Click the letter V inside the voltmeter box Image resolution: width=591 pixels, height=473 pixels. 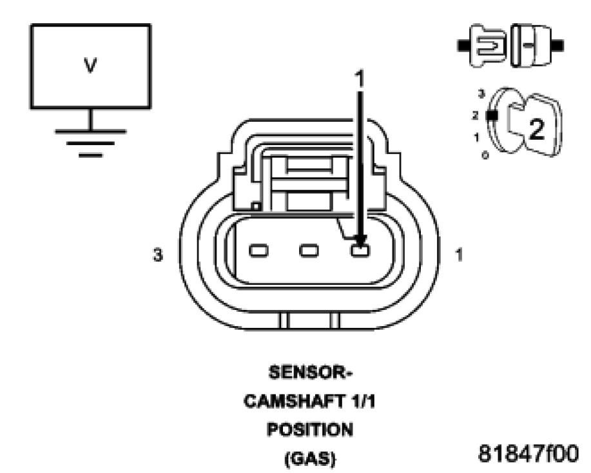click(90, 67)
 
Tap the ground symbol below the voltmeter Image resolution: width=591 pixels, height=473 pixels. click(90, 139)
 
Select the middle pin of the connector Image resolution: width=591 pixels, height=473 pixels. click(309, 250)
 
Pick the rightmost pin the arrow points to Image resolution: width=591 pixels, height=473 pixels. click(360, 250)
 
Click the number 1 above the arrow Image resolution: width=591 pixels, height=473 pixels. click(360, 79)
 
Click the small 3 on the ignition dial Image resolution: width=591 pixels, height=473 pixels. click(481, 94)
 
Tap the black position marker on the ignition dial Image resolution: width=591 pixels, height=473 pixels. click(493, 116)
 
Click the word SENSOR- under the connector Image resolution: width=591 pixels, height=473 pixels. click(310, 374)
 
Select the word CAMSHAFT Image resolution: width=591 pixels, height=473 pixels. click(294, 401)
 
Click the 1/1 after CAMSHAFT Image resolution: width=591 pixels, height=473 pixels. click(364, 401)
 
